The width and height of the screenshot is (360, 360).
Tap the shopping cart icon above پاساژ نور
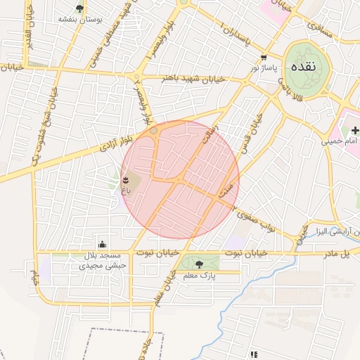(264, 58)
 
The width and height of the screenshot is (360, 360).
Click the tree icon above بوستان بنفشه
(79, 9)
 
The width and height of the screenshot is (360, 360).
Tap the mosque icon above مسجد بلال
(104, 245)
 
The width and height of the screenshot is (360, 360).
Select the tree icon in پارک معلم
(199, 264)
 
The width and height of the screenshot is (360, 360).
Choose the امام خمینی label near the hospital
(340, 141)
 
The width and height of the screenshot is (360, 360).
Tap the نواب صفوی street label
(254, 219)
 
